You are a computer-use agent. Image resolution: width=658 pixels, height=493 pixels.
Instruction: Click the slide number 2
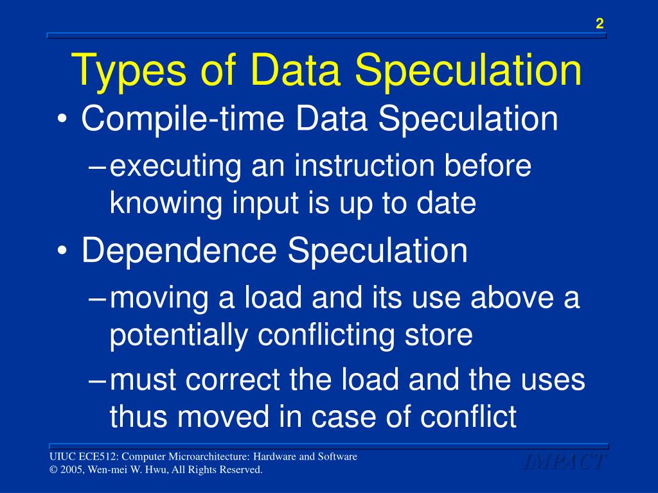coord(600,24)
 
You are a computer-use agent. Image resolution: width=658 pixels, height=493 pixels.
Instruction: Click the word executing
coord(174,167)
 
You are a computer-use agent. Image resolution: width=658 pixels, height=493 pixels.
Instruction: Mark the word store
coord(438,335)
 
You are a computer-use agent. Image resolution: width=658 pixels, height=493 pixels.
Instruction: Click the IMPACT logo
coord(563,462)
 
